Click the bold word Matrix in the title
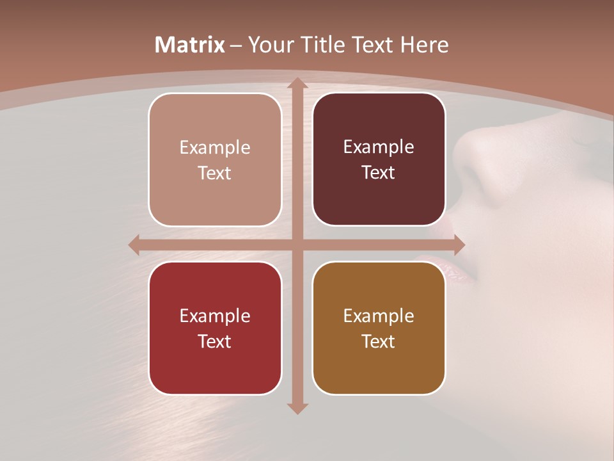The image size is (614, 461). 190,45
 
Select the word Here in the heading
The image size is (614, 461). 425,45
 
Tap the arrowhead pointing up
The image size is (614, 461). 297,84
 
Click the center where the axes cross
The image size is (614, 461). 297,245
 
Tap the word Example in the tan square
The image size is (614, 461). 215,148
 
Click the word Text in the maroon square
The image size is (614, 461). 379,173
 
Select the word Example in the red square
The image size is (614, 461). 215,316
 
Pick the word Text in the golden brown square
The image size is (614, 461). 379,341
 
